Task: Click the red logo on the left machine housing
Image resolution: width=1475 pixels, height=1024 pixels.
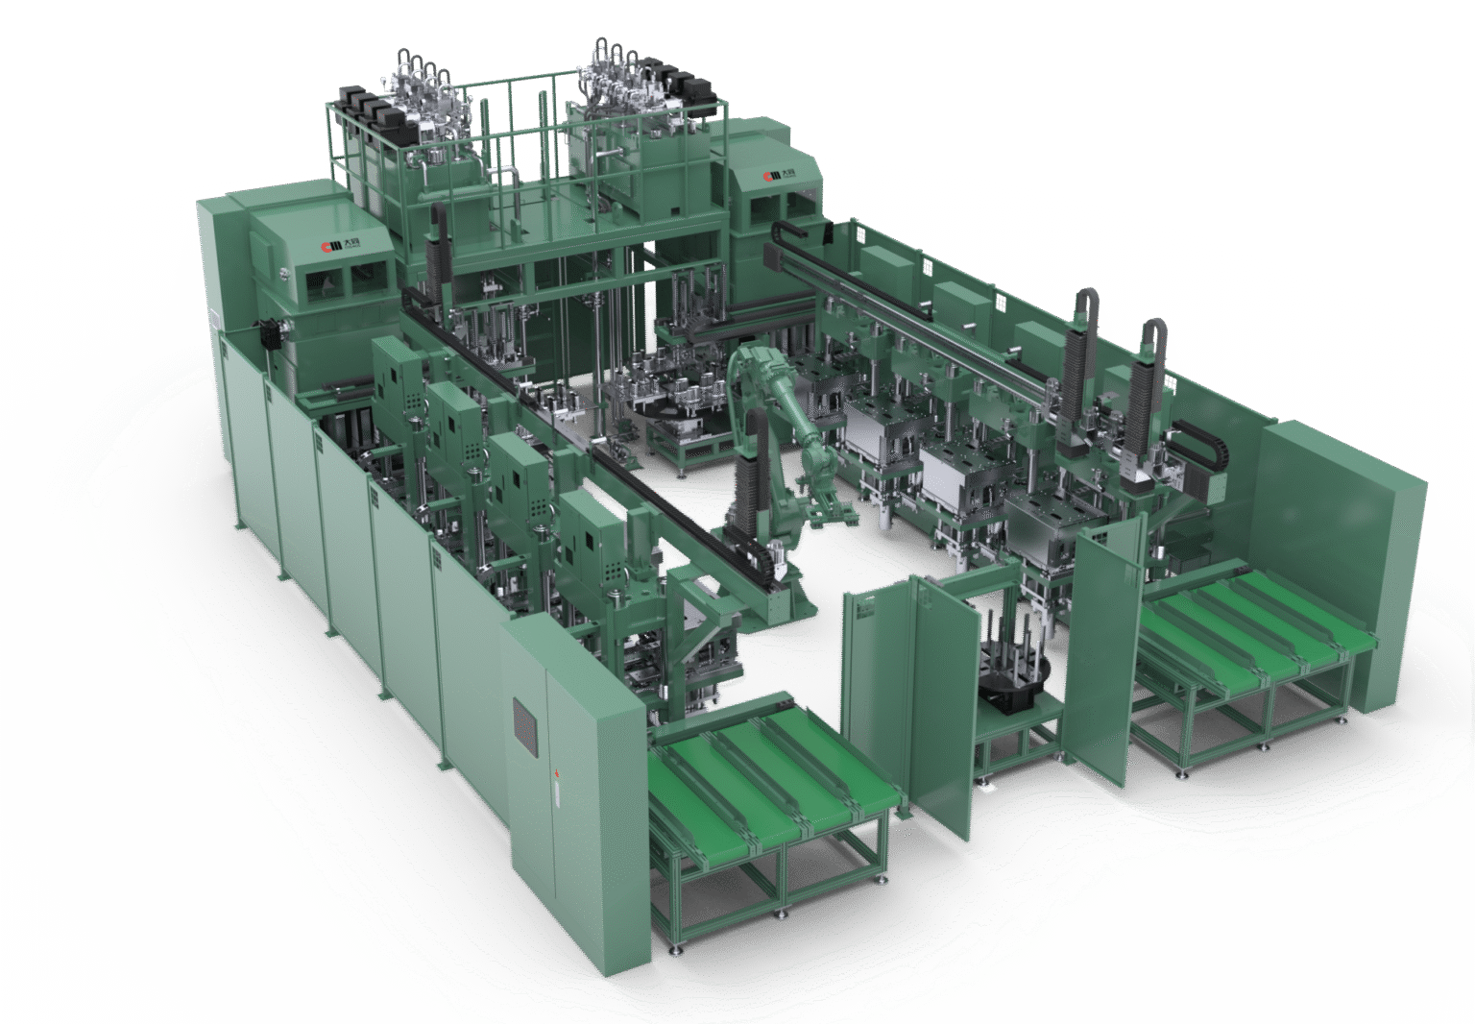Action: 327,248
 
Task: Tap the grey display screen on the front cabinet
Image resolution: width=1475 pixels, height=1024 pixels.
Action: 525,721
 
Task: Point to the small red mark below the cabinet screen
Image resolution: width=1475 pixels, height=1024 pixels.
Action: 555,774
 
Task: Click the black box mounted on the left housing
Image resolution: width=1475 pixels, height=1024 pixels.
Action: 273,329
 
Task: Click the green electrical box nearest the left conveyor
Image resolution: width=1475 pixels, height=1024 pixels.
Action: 587,538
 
